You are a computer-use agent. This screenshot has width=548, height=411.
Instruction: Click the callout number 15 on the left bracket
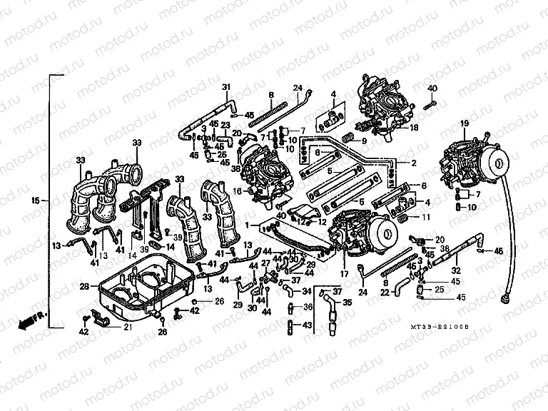tap(37, 201)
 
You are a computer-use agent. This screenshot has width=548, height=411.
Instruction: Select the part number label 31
tap(226, 88)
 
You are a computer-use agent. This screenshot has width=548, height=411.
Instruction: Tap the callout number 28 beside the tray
tap(83, 286)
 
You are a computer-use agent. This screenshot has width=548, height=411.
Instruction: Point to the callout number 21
tap(127, 328)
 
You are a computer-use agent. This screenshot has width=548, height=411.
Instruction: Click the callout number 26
tap(162, 330)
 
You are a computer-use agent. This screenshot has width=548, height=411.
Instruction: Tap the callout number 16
tap(236, 192)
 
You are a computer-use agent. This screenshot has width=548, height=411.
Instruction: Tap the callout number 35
tap(347, 303)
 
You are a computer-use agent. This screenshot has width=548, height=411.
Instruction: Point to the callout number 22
tap(385, 293)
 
